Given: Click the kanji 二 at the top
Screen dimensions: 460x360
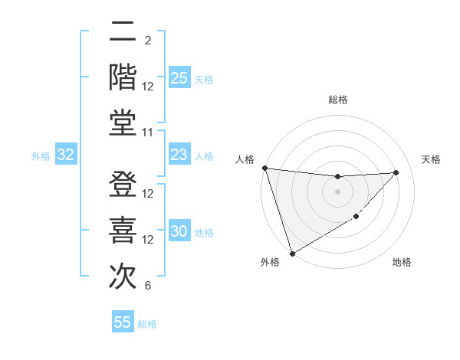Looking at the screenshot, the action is [123, 33].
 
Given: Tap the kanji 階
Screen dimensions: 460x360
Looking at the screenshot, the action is [123, 77].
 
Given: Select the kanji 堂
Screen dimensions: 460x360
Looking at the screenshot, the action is [123, 122].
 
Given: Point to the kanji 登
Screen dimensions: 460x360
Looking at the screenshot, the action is [123, 185].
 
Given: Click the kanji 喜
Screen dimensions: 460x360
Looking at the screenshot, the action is [123, 230].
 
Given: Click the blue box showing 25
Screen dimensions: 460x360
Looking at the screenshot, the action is [179, 78].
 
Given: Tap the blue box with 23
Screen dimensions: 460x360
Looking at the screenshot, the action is [179, 155].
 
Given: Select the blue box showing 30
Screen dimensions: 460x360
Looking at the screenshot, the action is [179, 231].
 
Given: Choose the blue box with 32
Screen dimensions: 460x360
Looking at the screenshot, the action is [66, 155].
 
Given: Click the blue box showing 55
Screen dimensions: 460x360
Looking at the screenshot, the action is [123, 322].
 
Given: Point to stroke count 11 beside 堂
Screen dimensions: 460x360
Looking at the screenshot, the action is [149, 133].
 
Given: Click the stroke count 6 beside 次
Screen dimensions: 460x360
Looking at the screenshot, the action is [148, 286].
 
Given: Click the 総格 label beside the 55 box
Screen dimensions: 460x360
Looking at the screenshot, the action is [148, 324].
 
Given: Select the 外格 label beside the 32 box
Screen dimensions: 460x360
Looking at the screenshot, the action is [41, 156].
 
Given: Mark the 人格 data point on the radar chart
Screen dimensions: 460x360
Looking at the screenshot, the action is [264, 168].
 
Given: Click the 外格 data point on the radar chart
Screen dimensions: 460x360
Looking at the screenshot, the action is [292, 253].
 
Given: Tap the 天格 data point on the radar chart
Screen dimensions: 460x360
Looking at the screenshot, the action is [396, 172].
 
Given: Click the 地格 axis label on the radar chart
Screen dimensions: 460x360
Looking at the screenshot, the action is [402, 263].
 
